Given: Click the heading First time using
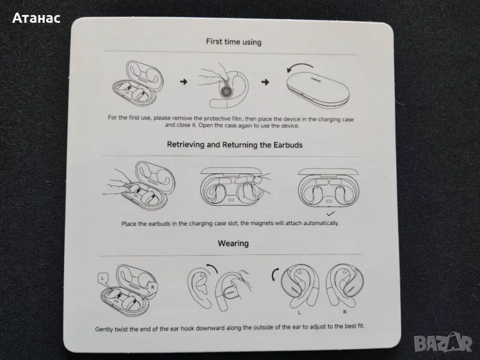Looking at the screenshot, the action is (x=233, y=41).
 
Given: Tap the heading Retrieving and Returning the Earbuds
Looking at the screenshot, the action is (x=235, y=145).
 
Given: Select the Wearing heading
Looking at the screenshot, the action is (x=233, y=244).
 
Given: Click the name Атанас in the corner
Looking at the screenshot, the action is (x=36, y=18).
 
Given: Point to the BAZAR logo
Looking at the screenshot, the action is (x=443, y=343).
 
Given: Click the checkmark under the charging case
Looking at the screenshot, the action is (x=331, y=214).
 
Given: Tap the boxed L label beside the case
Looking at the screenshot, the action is (x=103, y=278).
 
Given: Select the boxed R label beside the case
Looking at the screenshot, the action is (x=152, y=287).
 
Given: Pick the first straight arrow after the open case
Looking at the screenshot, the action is (x=184, y=82).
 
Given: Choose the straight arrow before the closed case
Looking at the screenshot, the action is (x=265, y=82).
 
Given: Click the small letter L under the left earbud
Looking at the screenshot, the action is (x=299, y=313).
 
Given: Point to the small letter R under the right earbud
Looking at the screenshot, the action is (x=344, y=312).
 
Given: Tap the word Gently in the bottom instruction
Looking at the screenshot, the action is (x=104, y=329).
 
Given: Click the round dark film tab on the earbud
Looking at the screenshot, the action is (x=226, y=92).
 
